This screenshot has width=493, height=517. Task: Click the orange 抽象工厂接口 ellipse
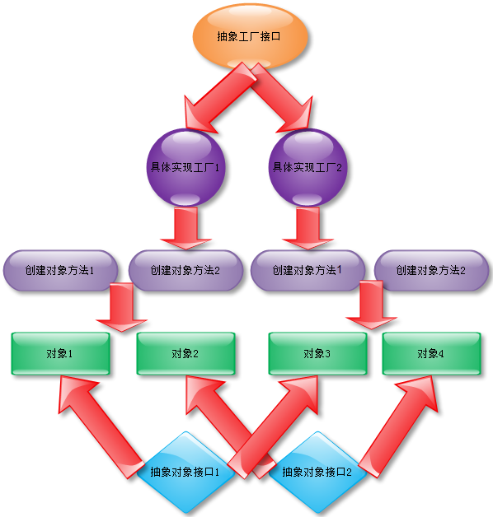[251, 36]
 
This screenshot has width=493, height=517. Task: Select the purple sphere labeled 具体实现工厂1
[185, 167]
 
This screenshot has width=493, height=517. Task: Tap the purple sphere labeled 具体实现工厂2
[308, 167]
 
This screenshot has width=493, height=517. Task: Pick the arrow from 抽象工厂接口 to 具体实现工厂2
[281, 97]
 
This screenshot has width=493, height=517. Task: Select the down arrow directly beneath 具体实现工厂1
[185, 228]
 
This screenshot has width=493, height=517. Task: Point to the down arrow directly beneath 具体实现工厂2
[308, 228]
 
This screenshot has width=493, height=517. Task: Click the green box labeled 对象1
[60, 353]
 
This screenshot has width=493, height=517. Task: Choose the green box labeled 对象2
[185, 353]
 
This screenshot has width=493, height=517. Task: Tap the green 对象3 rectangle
[317, 353]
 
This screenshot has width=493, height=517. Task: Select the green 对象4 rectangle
[431, 353]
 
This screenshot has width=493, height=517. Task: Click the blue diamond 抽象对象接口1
[185, 473]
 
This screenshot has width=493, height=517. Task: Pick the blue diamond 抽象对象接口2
[317, 473]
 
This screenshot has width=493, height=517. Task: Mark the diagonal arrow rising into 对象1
[101, 427]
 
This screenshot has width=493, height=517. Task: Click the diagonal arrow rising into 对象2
[231, 427]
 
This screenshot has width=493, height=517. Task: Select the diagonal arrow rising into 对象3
[274, 427]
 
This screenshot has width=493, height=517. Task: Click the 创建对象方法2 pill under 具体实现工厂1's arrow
[185, 270]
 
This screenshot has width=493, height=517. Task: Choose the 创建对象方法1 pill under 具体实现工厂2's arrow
[308, 270]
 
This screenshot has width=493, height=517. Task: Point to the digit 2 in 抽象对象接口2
[349, 473]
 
